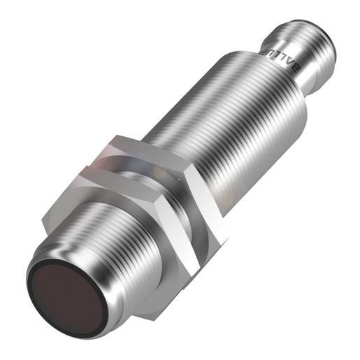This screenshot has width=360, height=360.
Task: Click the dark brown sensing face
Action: [x=63, y=290]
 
